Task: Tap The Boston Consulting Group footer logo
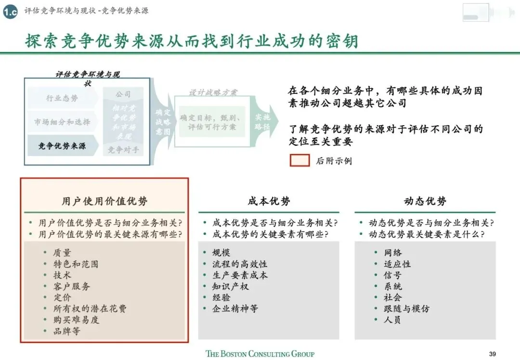point(260,354)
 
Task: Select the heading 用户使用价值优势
point(104,201)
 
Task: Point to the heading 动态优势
point(425,201)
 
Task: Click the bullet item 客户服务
point(72,286)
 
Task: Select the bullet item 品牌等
point(67,331)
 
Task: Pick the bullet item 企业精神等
point(235,309)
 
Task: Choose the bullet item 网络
point(393,253)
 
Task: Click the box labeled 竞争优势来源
point(62,146)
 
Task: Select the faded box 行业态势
point(62,98)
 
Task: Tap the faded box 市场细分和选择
point(62,122)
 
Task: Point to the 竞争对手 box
point(123,150)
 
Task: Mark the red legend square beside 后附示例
point(299,160)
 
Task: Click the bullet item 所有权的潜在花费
point(90,309)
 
